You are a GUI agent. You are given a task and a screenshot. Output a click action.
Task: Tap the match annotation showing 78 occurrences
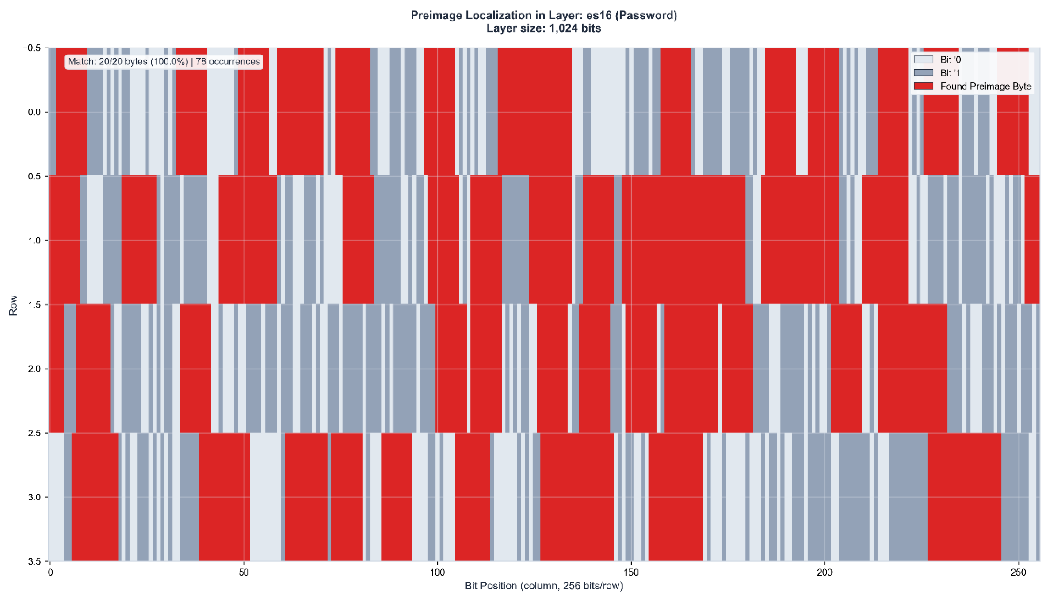click(164, 62)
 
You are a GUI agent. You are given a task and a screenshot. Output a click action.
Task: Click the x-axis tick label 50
click(244, 573)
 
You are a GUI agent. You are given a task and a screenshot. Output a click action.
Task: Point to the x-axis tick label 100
click(437, 573)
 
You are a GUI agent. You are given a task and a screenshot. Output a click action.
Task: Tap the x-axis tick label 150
click(631, 573)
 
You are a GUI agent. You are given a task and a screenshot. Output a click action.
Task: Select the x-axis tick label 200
click(825, 573)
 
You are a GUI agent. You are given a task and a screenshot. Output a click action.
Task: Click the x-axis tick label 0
click(51, 573)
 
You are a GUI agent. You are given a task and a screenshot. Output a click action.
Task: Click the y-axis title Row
click(13, 305)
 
